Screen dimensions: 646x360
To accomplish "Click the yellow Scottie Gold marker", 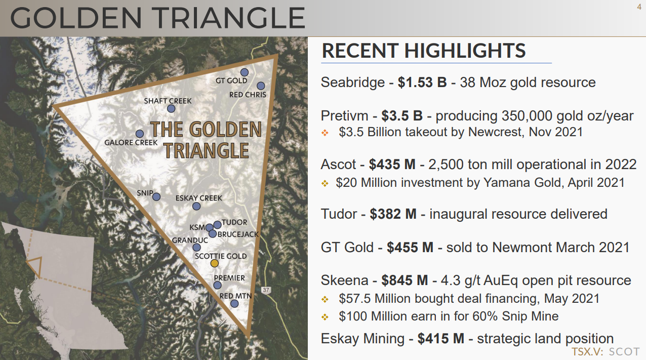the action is click(x=214, y=263).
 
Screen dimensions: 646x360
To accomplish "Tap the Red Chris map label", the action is click(x=248, y=95).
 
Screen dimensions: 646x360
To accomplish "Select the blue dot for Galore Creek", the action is click(x=140, y=134).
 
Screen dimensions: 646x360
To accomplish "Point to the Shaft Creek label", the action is click(x=168, y=101).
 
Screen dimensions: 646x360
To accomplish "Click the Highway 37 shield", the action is click(x=266, y=290).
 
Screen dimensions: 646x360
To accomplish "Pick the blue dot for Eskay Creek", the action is click(x=196, y=206).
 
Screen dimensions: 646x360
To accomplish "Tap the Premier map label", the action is click(x=229, y=278).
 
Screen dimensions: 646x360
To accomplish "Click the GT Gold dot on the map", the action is click(x=244, y=72).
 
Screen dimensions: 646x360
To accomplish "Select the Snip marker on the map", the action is click(x=156, y=197).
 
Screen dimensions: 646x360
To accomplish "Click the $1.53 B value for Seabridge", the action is click(x=422, y=82).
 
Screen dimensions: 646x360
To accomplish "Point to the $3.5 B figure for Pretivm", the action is click(x=402, y=115).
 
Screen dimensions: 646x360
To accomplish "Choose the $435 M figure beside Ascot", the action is click(x=392, y=165).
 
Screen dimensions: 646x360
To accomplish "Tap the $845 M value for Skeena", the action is click(x=405, y=281).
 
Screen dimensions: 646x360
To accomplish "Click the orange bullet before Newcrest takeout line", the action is click(x=325, y=133).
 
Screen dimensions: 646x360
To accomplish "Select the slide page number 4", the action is click(x=639, y=7).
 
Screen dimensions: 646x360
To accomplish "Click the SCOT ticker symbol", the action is click(x=624, y=351).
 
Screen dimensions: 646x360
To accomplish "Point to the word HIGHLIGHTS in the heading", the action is click(x=465, y=51).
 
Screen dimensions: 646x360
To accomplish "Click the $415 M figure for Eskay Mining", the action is click(x=441, y=339).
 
